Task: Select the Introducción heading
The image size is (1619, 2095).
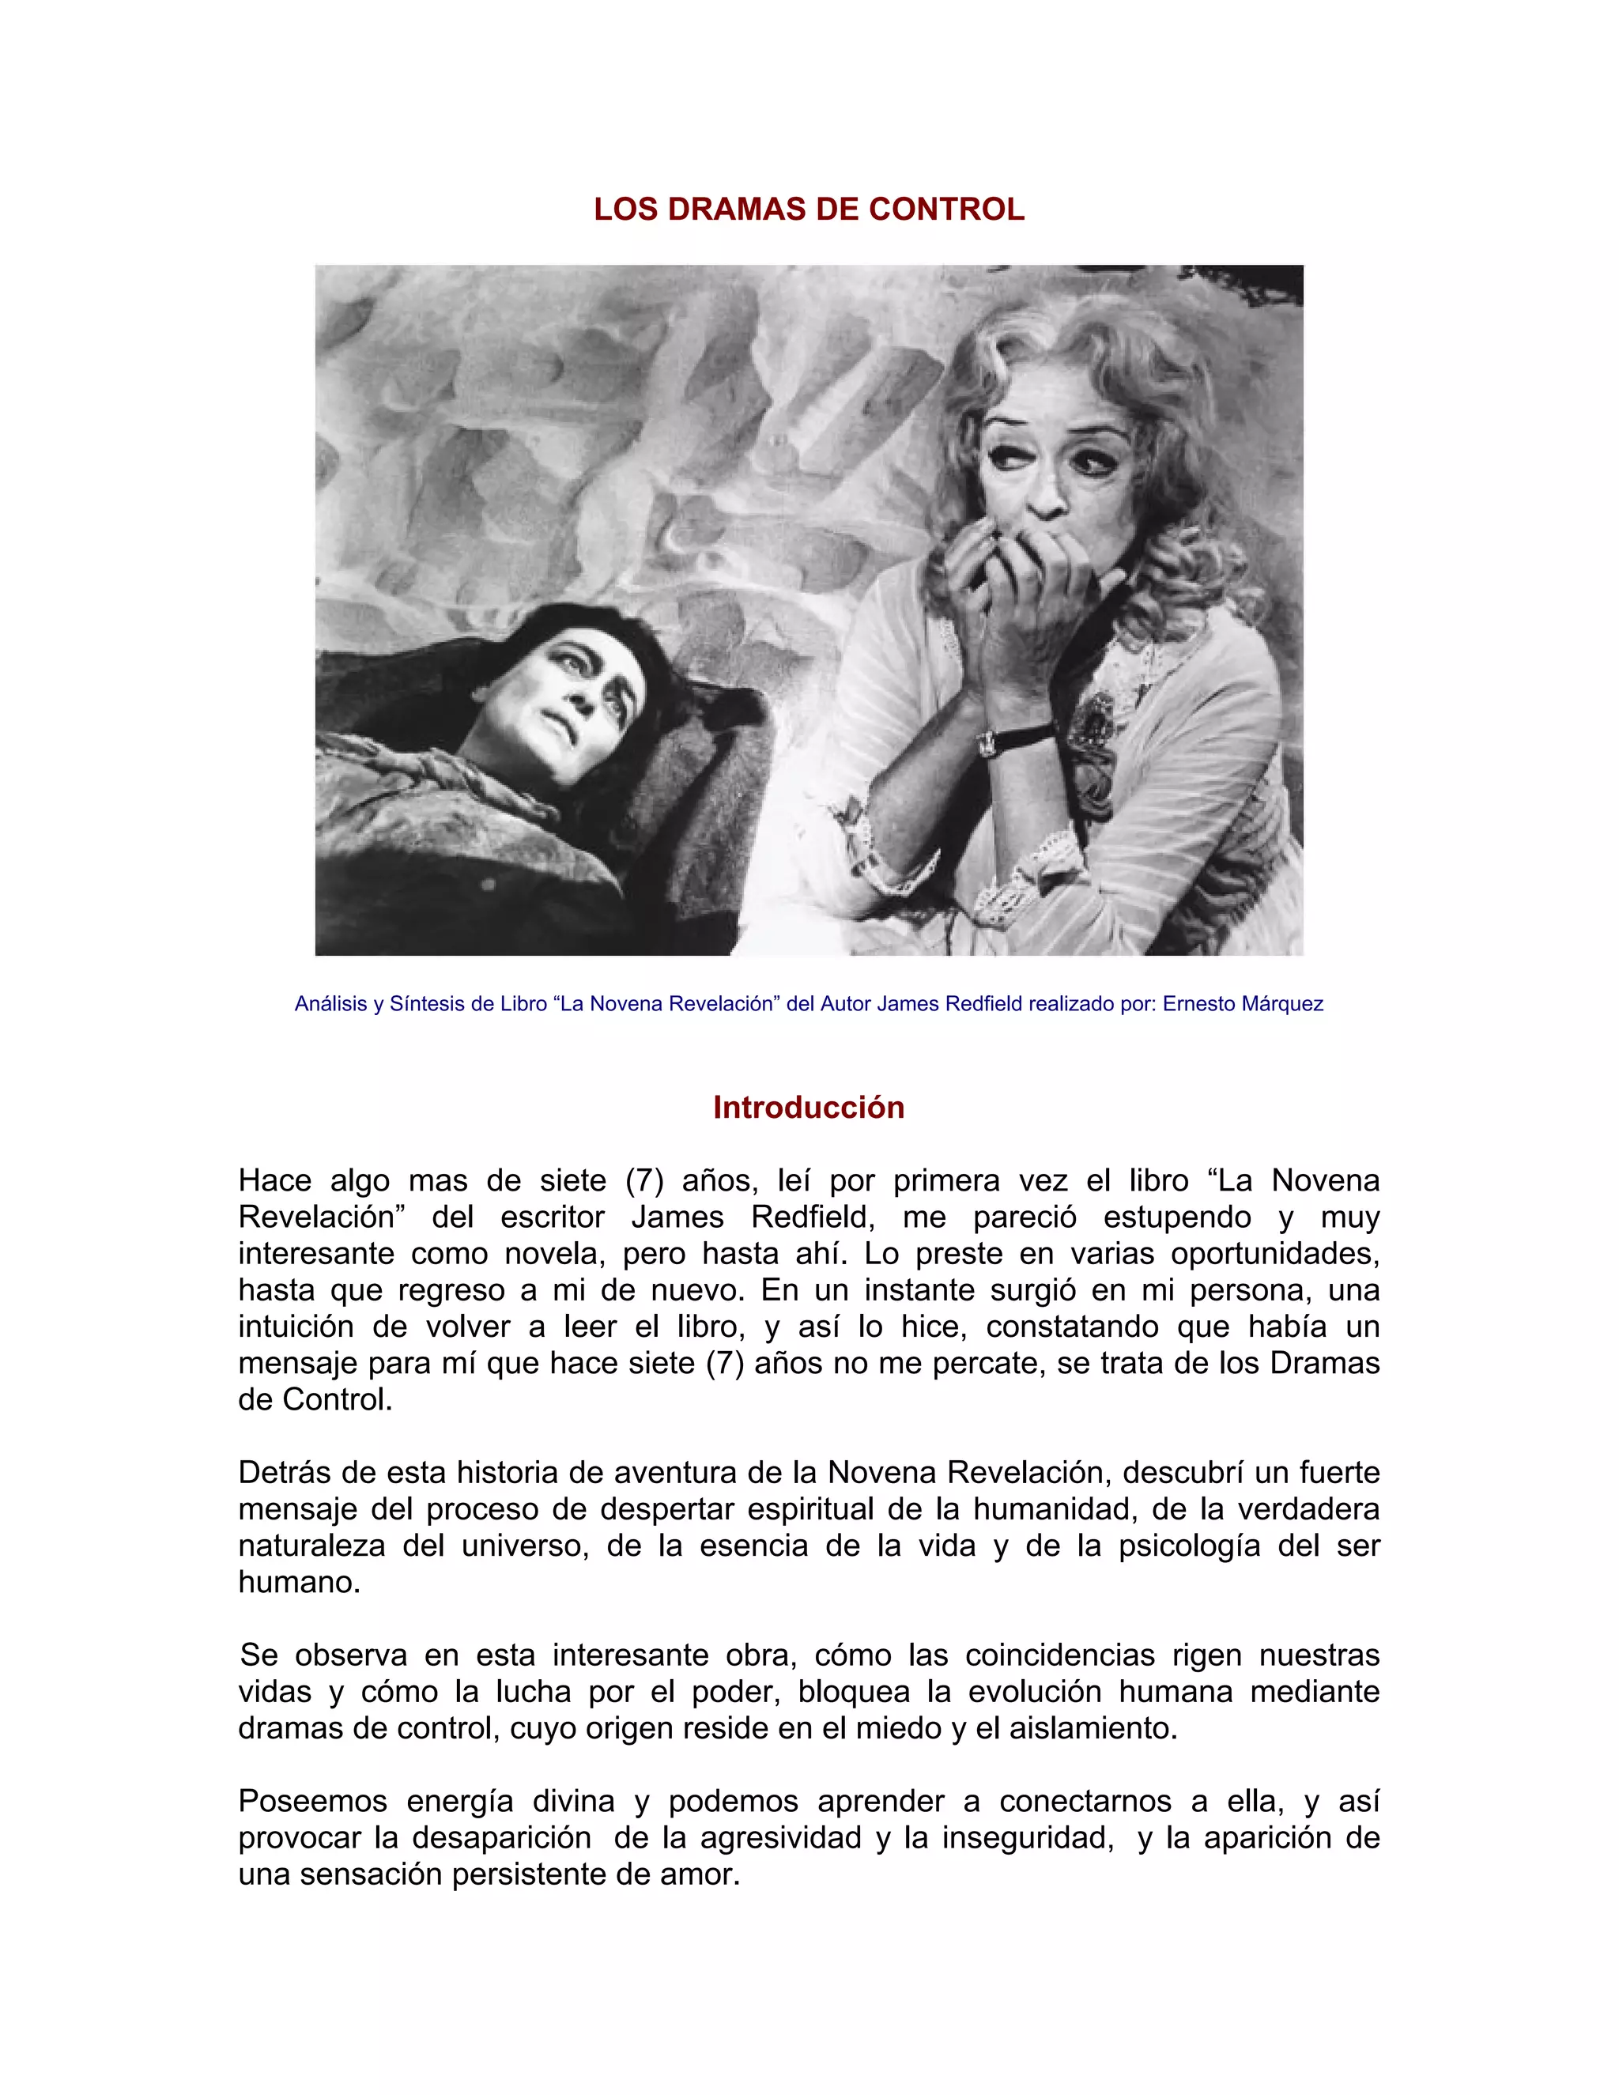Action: (x=809, y=1107)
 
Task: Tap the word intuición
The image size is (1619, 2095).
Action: (x=296, y=1327)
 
